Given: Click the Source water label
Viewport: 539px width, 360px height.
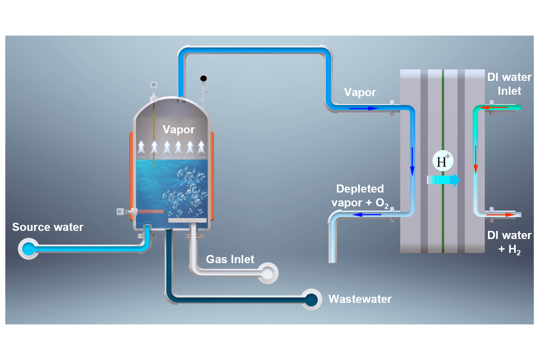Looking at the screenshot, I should [x=48, y=227].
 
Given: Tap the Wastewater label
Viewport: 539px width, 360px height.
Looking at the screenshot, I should [x=360, y=299].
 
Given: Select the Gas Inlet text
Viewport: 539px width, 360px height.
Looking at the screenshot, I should [x=230, y=259].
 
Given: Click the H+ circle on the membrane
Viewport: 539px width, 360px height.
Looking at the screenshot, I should [x=443, y=161].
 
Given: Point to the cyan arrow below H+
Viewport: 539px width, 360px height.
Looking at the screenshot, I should [x=443, y=180].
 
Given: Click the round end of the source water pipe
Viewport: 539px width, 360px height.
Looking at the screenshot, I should [x=28, y=249].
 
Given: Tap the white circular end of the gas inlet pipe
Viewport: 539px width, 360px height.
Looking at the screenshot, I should [x=268, y=274].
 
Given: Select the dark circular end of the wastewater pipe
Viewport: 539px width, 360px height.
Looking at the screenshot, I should [x=311, y=299].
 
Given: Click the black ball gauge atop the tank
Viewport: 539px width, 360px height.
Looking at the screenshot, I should [x=203, y=78].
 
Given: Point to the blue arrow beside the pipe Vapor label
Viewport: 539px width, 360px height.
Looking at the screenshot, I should [x=363, y=109].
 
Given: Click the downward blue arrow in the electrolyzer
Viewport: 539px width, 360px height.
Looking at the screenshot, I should [x=412, y=161].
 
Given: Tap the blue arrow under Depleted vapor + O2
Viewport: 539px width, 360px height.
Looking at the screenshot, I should [x=367, y=215].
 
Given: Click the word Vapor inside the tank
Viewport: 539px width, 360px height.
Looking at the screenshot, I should [x=178, y=129].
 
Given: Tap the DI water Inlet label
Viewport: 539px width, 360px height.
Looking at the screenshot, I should [x=509, y=84].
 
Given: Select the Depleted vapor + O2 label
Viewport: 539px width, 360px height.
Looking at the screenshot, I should [x=360, y=196].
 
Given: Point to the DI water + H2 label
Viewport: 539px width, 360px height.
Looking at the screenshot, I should [x=509, y=242].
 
